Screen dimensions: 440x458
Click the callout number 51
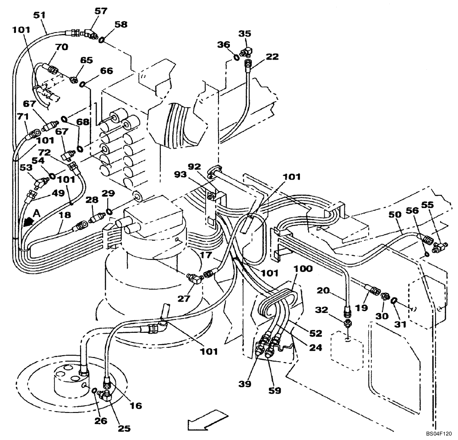click(x=40, y=16)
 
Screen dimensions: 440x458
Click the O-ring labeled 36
click(x=236, y=57)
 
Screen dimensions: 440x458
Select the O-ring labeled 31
click(x=395, y=301)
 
